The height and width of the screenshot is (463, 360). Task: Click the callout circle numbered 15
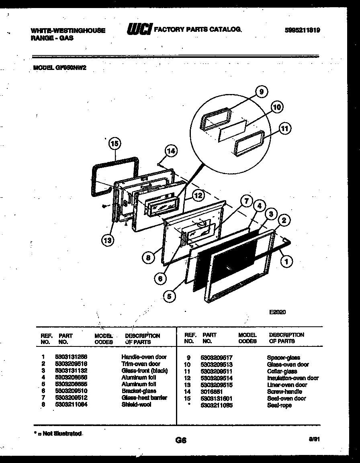pos(115,143)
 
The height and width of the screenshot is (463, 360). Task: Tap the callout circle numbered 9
pos(261,92)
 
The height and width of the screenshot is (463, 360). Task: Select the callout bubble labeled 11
pos(284,129)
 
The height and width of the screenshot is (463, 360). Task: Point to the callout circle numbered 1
pos(286,261)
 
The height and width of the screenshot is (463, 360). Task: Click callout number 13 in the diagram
pos(107,240)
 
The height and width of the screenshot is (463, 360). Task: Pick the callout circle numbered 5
pos(170,296)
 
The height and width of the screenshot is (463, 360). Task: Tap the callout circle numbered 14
pos(171,151)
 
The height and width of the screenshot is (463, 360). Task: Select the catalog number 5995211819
pos(302,30)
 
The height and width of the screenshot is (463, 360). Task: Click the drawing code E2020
pos(277,311)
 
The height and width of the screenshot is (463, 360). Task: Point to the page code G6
pos(181,440)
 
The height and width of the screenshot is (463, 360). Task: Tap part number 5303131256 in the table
pos(71,357)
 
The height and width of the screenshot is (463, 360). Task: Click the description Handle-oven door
pos(144,357)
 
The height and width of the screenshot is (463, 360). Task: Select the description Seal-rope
pos(279,405)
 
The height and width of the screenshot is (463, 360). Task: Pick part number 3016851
pos(212,391)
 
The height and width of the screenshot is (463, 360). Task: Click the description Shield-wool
pos(136,404)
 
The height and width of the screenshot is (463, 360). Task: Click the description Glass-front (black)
pos(145,371)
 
